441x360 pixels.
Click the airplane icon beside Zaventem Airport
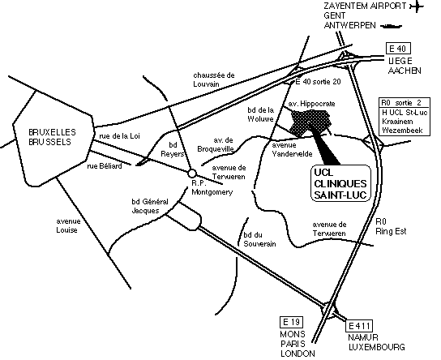pyautogui.click(x=416, y=6)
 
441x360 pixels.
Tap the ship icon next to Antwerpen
pyautogui.click(x=391, y=26)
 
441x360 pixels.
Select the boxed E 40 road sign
pyautogui.click(x=398, y=49)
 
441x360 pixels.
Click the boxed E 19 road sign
pyautogui.click(x=292, y=323)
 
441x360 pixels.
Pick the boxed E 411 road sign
pyautogui.click(x=359, y=326)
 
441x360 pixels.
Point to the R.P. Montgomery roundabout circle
pyautogui.click(x=192, y=174)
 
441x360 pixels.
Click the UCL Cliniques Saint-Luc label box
pyautogui.click(x=340, y=183)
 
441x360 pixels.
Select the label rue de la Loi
pyautogui.click(x=119, y=136)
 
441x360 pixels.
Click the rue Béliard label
pyautogui.click(x=105, y=166)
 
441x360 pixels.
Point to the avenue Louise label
pyautogui.click(x=68, y=225)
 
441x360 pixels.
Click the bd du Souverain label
pyautogui.click(x=259, y=239)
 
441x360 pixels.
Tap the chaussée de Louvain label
pyautogui.click(x=214, y=79)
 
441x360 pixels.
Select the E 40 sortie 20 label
pyautogui.click(x=318, y=82)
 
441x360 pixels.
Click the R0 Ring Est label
pyautogui.click(x=391, y=226)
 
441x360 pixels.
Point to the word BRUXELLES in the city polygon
pyautogui.click(x=53, y=132)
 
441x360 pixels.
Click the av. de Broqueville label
pyautogui.click(x=216, y=144)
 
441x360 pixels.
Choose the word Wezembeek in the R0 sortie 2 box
pyautogui.click(x=402, y=131)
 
